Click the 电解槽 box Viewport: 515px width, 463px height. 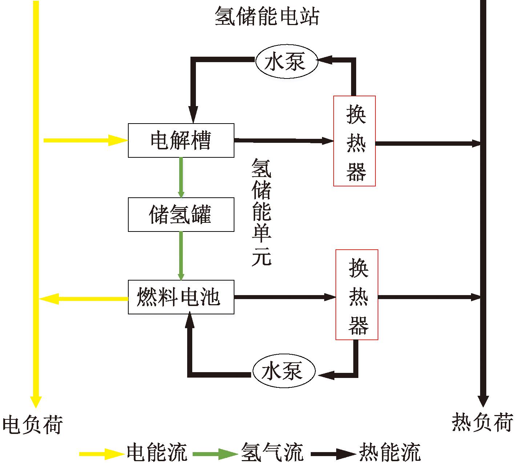click(181, 140)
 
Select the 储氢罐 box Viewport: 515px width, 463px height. click(181, 214)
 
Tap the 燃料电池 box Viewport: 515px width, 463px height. click(181, 297)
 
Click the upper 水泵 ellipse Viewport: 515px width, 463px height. click(286, 61)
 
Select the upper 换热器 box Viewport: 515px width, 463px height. click(354, 141)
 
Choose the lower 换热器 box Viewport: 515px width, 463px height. click(357, 295)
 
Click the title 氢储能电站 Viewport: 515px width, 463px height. click(267, 16)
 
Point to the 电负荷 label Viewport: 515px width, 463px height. click(33, 424)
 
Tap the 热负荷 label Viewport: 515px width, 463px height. click(482, 422)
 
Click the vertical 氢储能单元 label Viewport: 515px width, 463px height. click(261, 212)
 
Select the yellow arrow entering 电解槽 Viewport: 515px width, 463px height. click(85, 140)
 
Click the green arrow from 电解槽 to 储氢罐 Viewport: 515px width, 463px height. click(181, 177)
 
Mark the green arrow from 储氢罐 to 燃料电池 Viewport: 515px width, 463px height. click(181, 255)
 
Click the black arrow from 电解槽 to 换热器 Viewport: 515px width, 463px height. click(283, 140)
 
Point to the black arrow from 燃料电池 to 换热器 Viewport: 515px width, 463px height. click(285, 297)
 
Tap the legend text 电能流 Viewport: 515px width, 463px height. click(157, 452)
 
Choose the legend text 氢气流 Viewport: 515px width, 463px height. click(272, 452)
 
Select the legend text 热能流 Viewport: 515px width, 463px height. click(390, 452)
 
